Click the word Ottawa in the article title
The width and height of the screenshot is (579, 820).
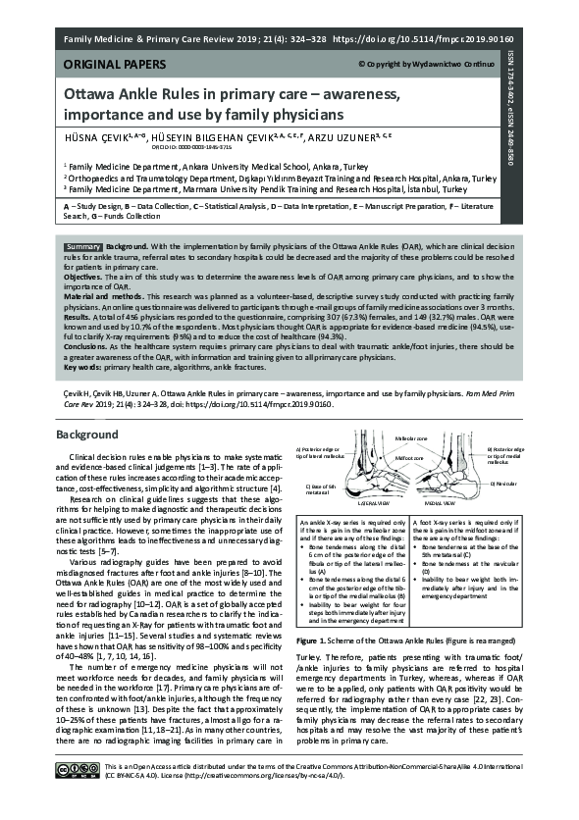(94, 96)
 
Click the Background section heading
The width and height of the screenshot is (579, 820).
(86, 434)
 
